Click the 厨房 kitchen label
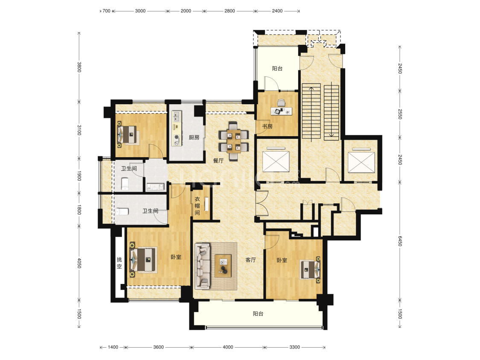point(194,138)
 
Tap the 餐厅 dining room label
point(218,161)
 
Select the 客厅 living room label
point(251,260)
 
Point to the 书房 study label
point(267,126)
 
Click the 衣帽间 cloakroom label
point(197,206)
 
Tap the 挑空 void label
point(119,263)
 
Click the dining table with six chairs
point(233,141)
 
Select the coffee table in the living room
point(223,266)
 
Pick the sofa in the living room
point(203,266)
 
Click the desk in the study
point(281,111)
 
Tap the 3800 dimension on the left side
point(79,67)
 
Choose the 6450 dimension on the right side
point(400,241)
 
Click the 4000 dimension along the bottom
point(228,347)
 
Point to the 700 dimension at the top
point(106,11)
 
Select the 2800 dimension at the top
point(230,11)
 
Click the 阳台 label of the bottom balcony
point(258,314)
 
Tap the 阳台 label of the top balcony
point(277,69)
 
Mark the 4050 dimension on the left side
point(79,263)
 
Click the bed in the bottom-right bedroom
point(310,269)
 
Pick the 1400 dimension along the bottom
point(113,347)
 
